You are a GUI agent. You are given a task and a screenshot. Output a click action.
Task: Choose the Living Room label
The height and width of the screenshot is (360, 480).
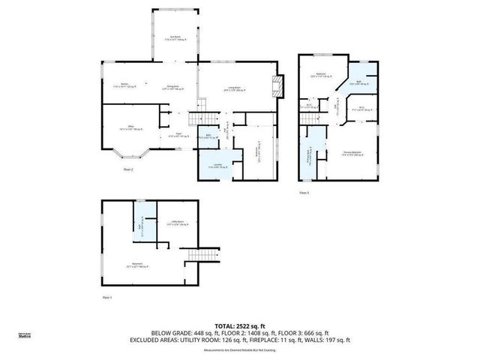tap(236, 89)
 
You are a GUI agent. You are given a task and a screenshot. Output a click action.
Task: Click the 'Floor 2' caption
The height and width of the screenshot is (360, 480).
tap(127, 169)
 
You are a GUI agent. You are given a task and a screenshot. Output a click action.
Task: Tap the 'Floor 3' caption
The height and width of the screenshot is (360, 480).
tap(304, 193)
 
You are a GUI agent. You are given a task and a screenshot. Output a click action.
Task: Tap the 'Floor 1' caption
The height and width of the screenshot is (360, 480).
tap(106, 298)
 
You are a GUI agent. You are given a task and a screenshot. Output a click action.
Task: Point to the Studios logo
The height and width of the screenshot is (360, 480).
tap(25, 337)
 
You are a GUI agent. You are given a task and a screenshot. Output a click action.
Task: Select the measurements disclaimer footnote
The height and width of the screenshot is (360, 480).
tap(239, 349)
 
